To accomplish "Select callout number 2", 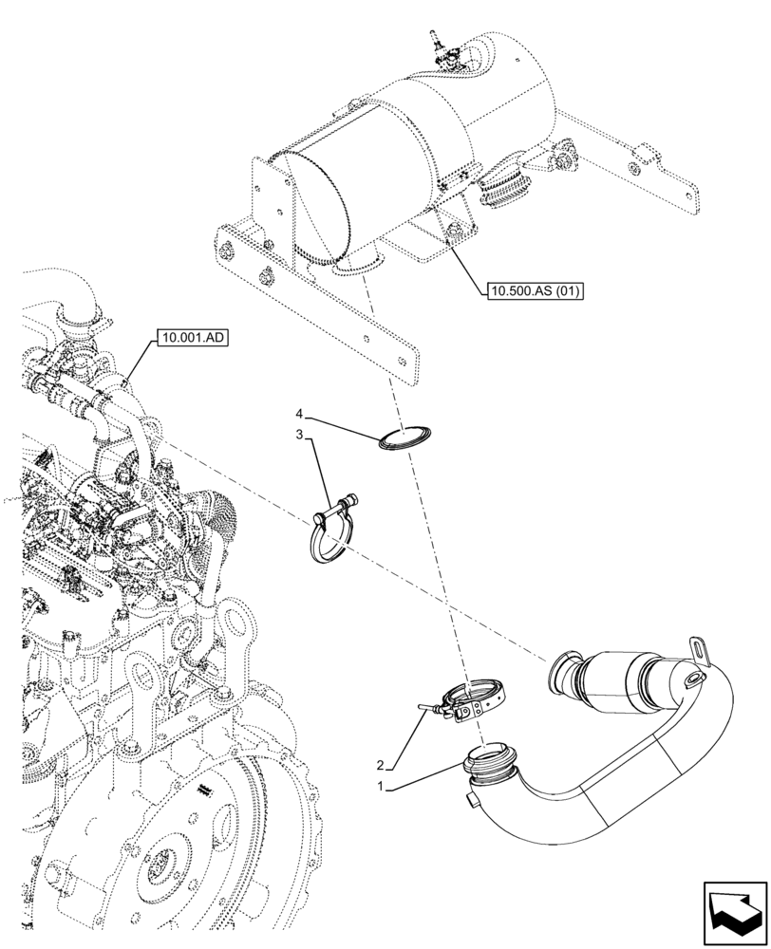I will [x=380, y=765].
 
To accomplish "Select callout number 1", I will [x=380, y=786].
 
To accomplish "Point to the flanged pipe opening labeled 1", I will [x=491, y=763].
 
